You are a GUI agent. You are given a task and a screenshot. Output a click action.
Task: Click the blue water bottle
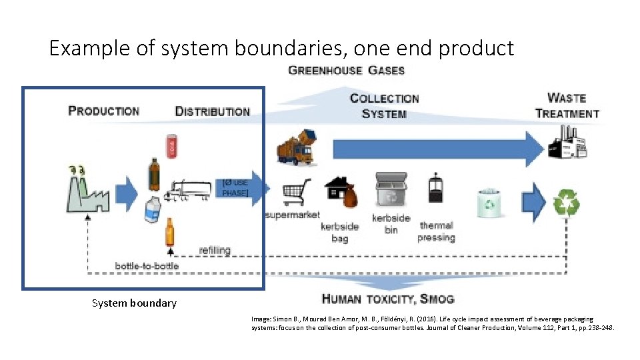(153, 211)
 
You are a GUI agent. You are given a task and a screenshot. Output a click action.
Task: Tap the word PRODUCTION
(104, 111)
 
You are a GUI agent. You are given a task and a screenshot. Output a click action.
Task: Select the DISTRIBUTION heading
(212, 111)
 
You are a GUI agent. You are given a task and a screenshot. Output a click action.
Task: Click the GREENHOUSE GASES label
(346, 70)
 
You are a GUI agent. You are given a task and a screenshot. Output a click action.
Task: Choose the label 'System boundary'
(134, 303)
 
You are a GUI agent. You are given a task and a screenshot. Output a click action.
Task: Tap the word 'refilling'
(215, 250)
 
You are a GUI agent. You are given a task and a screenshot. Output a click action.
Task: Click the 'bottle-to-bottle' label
(147, 265)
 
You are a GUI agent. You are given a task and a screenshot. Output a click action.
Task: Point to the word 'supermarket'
(292, 215)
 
